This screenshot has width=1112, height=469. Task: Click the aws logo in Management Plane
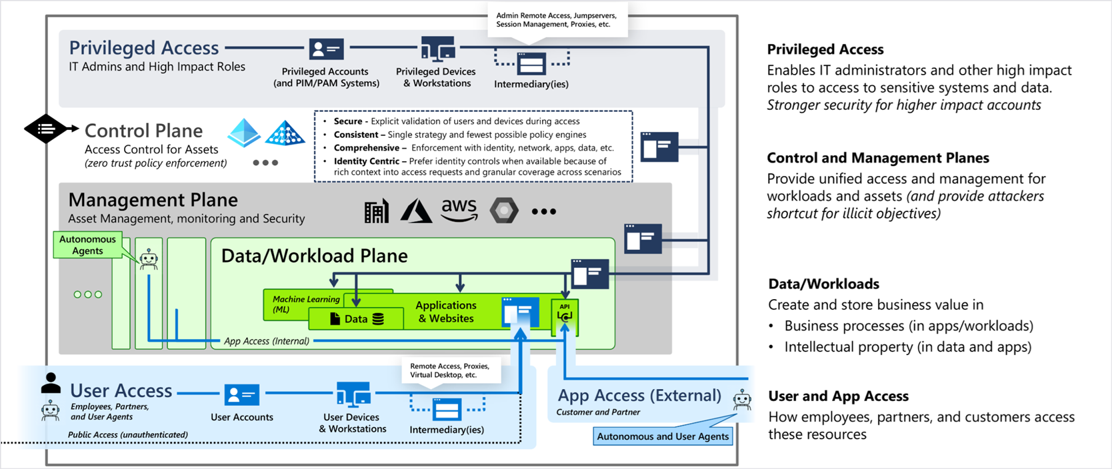pyautogui.click(x=459, y=209)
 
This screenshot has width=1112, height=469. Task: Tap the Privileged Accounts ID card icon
pyautogui.click(x=326, y=49)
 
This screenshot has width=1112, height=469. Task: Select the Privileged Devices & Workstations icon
pyautogui.click(x=439, y=48)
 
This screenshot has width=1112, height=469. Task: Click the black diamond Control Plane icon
pyautogui.click(x=46, y=129)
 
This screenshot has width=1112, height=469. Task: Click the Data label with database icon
pyautogui.click(x=357, y=318)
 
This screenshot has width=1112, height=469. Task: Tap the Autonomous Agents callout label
pyautogui.click(x=87, y=244)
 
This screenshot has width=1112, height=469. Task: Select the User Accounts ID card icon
pyautogui.click(x=242, y=395)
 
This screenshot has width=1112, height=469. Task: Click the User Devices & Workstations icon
pyautogui.click(x=353, y=394)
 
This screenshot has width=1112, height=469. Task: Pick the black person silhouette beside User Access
pyautogui.click(x=51, y=382)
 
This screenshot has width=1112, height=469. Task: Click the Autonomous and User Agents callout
pyautogui.click(x=663, y=436)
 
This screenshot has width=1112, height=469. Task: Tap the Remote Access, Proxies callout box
pyautogui.click(x=451, y=370)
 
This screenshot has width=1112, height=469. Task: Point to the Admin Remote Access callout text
pyautogui.click(x=556, y=20)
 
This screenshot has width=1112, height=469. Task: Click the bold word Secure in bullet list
pyautogui.click(x=348, y=121)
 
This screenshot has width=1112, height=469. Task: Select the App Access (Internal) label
pyautogui.click(x=267, y=341)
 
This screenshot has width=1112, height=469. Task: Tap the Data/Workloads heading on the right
pyautogui.click(x=823, y=284)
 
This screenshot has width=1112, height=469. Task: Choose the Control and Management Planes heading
pyautogui.click(x=878, y=158)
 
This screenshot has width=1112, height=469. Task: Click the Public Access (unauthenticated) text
pyautogui.click(x=128, y=435)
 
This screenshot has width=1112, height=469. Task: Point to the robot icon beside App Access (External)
pyautogui.click(x=742, y=400)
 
